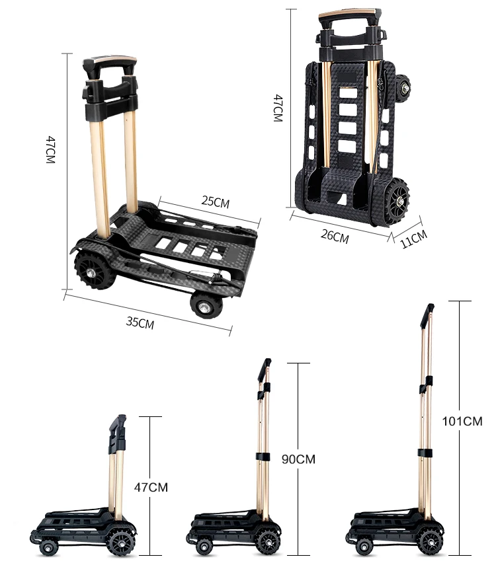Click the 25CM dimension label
[x=216, y=202]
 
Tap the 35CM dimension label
[x=140, y=322]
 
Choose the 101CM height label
[x=463, y=421]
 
